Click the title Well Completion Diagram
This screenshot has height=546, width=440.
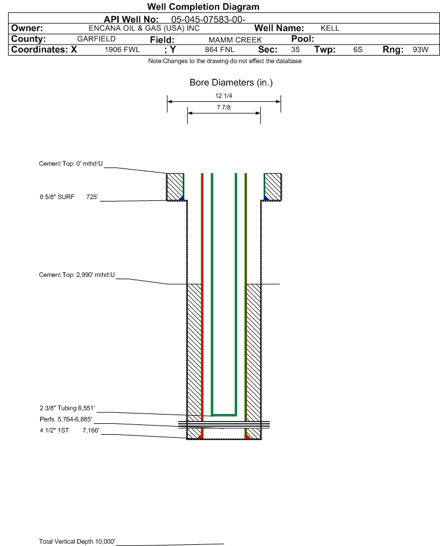click(x=203, y=6)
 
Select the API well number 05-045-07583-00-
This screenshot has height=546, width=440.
click(x=208, y=20)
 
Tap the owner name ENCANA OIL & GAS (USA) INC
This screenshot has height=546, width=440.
click(x=144, y=28)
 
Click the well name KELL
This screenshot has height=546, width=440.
click(x=330, y=28)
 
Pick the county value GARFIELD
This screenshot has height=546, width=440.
click(x=96, y=39)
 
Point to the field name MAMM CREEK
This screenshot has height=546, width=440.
click(x=235, y=40)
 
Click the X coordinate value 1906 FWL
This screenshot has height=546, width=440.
click(x=122, y=49)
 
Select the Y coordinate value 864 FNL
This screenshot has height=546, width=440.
click(x=220, y=49)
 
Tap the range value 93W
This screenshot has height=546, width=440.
click(x=420, y=49)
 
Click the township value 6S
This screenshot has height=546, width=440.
click(x=358, y=49)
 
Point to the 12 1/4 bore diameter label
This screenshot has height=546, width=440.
click(x=224, y=96)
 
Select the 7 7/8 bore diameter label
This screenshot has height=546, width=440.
click(x=224, y=107)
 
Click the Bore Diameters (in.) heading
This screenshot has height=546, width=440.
click(x=231, y=83)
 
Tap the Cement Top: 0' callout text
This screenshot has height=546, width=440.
click(x=71, y=164)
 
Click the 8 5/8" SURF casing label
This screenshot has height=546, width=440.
click(x=57, y=197)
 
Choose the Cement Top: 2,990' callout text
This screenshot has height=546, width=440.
click(x=77, y=275)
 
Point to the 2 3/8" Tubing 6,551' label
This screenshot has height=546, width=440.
click(x=67, y=408)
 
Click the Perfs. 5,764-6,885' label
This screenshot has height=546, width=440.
click(x=66, y=419)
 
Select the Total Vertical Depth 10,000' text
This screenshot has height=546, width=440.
click(x=77, y=541)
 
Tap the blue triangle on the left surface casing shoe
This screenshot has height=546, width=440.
click(x=182, y=198)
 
